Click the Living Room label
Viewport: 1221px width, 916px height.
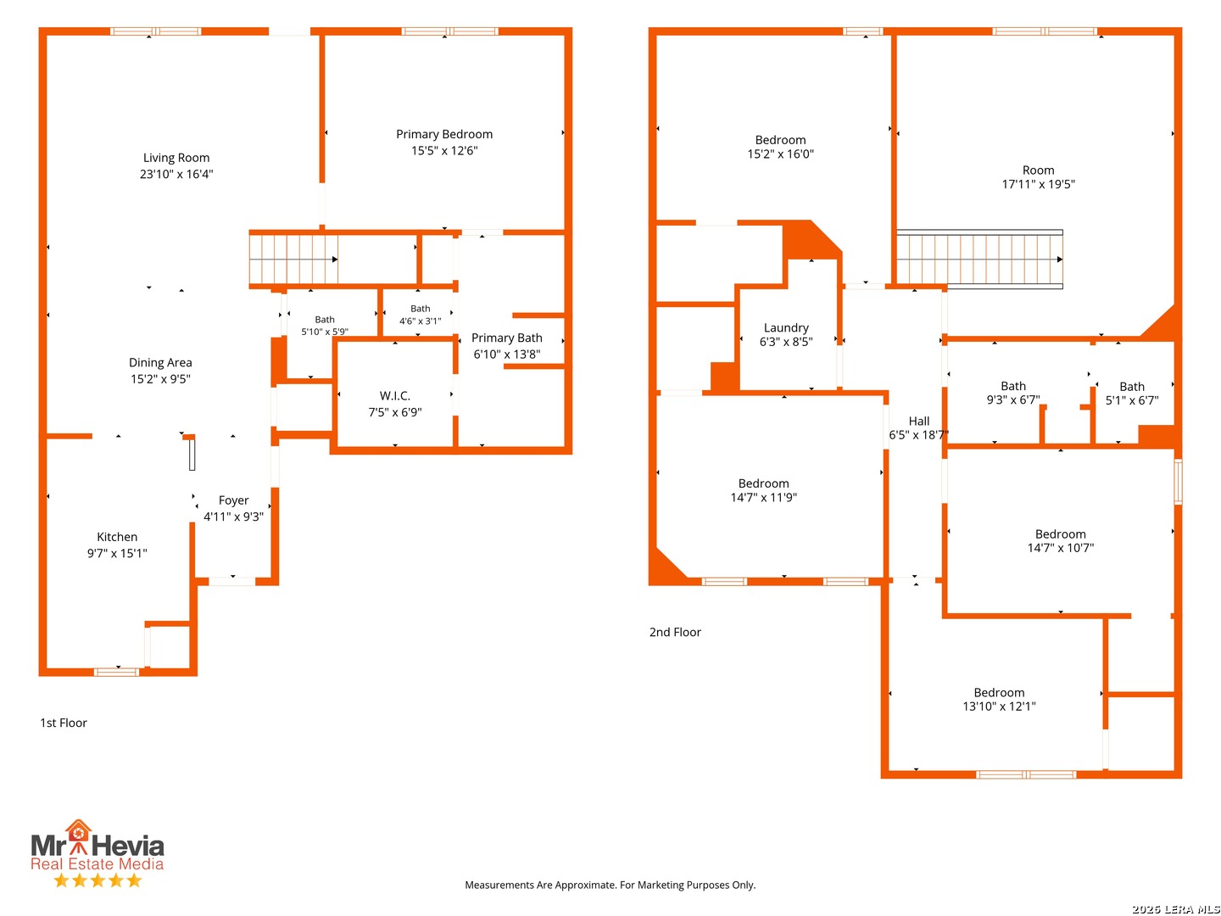tap(176, 158)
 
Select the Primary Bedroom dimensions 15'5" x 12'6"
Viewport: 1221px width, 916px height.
tap(444, 151)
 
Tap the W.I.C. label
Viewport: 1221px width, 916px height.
tap(394, 396)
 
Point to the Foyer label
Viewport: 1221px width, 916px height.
tap(233, 500)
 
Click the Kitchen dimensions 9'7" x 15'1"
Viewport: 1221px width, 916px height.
tap(117, 553)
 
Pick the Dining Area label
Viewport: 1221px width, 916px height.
tap(160, 363)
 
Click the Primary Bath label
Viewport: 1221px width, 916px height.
tap(506, 338)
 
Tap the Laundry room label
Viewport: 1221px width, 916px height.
tap(785, 328)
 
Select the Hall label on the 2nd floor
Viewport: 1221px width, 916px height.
tap(918, 421)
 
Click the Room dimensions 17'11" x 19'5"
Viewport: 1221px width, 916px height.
tap(1038, 184)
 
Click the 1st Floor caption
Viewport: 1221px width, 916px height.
tap(64, 723)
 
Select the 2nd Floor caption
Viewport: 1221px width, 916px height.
tap(675, 633)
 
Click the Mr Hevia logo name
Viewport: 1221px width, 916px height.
tap(98, 846)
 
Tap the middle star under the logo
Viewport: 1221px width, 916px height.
tap(98, 880)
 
